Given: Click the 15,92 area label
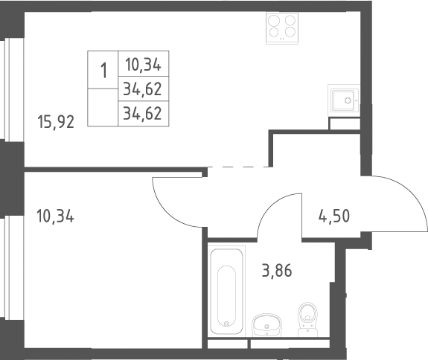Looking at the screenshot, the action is (x=56, y=122).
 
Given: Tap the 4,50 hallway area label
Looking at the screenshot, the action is (x=334, y=216).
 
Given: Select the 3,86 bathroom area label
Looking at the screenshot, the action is (x=277, y=271).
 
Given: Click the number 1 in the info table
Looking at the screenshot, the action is (x=103, y=71).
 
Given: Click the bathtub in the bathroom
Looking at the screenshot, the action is (x=226, y=292).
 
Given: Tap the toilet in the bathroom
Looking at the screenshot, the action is (x=308, y=319).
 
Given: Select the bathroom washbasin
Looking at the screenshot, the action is (x=266, y=324).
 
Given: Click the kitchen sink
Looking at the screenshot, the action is (x=344, y=100).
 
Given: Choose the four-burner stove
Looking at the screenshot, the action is (x=282, y=28).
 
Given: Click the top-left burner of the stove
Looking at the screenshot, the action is (x=274, y=21).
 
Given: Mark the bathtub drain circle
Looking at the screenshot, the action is (x=226, y=324).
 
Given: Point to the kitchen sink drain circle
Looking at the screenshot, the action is (x=348, y=100).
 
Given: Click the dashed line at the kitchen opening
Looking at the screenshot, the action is (x=238, y=167).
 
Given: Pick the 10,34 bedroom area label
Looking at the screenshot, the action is (x=55, y=216).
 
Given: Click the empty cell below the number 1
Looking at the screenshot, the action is (x=103, y=107).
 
